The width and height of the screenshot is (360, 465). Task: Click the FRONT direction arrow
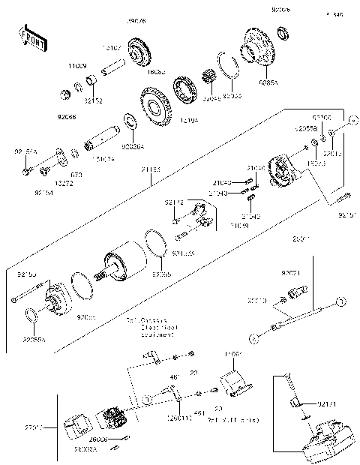(x=32, y=40)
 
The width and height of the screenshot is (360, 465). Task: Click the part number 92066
(x=65, y=117)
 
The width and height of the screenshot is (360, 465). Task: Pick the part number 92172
(x=174, y=202)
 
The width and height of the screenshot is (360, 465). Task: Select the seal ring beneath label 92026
(x=283, y=33)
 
